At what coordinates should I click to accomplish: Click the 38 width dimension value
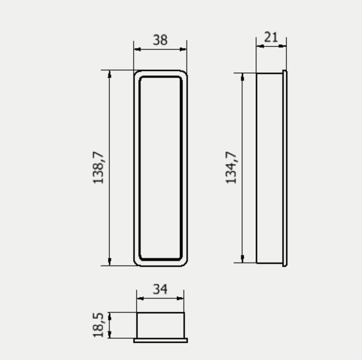[160, 40]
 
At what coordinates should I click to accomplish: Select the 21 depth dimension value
[271, 37]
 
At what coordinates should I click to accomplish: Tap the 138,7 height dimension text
[99, 168]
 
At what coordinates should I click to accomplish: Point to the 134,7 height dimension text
[232, 168]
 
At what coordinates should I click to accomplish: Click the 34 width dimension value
[160, 289]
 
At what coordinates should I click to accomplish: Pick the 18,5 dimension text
[99, 325]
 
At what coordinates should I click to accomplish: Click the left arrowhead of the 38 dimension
[137, 49]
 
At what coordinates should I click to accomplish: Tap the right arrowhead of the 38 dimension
[184, 49]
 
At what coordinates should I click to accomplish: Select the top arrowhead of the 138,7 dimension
[109, 73]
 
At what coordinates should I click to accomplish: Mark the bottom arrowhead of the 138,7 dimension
[109, 262]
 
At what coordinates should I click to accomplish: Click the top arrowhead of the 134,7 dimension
[242, 76]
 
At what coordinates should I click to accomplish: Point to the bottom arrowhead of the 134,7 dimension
[242, 259]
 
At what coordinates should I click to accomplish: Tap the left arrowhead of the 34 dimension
[140, 298]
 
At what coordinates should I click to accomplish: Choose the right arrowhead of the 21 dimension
[283, 46]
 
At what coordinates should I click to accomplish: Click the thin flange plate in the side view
[285, 168]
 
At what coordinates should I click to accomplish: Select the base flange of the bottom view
[160, 340]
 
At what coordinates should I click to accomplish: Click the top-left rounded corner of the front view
[136, 73]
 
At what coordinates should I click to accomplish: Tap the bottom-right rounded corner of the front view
[184, 263]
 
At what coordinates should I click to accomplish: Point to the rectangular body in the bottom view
[160, 325]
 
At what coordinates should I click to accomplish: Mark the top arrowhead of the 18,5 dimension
[110, 315]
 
